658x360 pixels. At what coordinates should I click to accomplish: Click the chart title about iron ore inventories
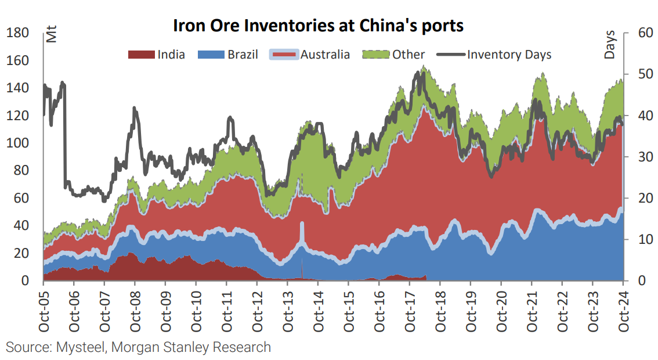point(318,26)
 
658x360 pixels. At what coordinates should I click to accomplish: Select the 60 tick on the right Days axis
point(639,33)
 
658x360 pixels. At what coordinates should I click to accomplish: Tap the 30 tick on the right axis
point(639,157)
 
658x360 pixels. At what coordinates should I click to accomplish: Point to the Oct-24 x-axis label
point(623,311)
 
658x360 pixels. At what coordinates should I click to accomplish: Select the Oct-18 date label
point(440,311)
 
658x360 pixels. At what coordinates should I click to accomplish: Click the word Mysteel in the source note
point(81,348)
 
